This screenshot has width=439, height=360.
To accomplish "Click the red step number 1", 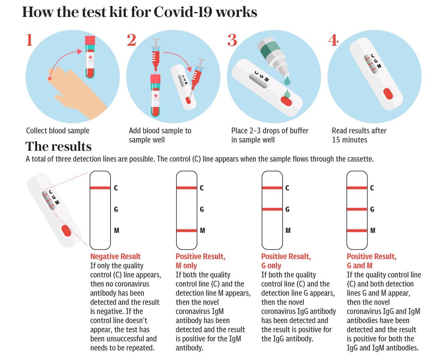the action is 29,40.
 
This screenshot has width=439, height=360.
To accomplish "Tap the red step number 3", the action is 232,40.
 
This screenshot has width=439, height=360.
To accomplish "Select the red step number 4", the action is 333,40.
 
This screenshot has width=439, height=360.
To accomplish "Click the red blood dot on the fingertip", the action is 49,78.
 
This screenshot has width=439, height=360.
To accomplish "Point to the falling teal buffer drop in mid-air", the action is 288,81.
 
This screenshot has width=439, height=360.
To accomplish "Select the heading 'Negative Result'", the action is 115,256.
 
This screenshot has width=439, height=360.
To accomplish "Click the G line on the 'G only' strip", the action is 272,209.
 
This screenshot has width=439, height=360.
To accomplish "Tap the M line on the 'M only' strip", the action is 187,230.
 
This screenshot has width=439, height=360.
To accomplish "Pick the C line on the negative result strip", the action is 100,188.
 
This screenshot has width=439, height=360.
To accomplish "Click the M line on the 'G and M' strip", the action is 357,230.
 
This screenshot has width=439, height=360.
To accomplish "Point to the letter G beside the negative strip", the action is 116,209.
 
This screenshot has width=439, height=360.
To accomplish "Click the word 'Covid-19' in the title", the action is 183,12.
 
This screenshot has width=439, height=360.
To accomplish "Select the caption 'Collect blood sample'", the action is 58,131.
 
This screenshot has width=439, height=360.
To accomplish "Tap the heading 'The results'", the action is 58,146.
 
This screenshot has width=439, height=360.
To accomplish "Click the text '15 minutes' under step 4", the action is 349,140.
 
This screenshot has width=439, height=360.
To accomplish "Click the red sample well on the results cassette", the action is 67,231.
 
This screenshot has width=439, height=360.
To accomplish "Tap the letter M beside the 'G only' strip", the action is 288,230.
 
